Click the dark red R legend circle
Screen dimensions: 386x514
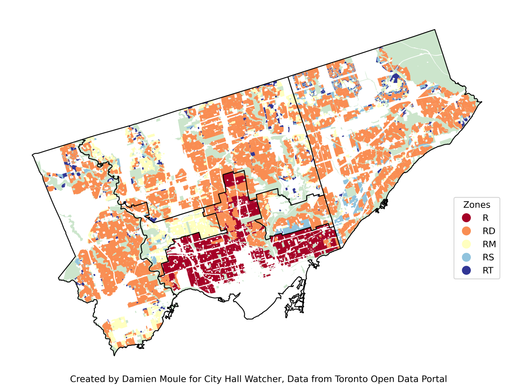pyautogui.click(x=466, y=218)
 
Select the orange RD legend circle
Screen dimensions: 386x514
pyautogui.click(x=466, y=231)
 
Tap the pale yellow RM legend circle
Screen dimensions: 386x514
pyautogui.click(x=466, y=244)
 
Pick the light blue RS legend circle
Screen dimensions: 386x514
pyautogui.click(x=466, y=257)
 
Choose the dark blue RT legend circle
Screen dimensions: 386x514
pyautogui.click(x=466, y=270)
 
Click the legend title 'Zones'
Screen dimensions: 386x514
pyautogui.click(x=476, y=205)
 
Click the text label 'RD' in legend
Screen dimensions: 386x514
pyautogui.click(x=489, y=231)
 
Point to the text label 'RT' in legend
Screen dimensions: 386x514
pyautogui.click(x=488, y=270)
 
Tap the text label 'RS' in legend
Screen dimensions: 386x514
pyautogui.click(x=488, y=257)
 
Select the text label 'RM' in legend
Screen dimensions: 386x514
pyautogui.click(x=489, y=244)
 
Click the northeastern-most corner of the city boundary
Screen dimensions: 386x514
pyautogui.click(x=435, y=30)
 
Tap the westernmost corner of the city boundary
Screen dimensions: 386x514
pyautogui.click(x=32, y=155)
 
